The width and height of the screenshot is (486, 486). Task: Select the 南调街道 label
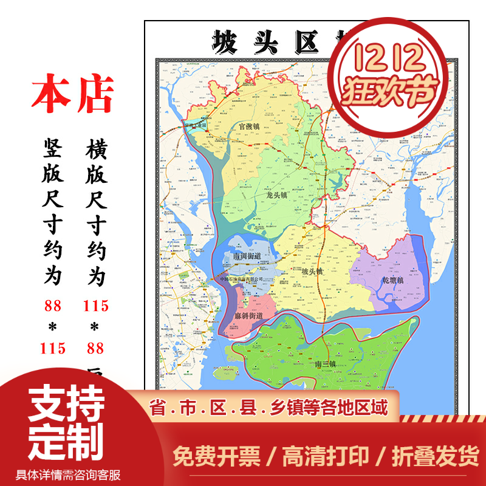[x=246, y=257]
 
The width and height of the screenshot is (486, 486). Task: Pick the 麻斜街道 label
[x=248, y=316]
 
